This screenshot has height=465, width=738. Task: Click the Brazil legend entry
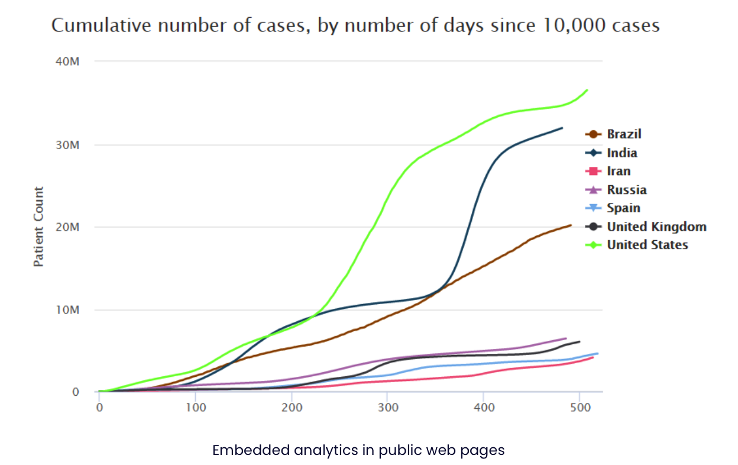[623, 134]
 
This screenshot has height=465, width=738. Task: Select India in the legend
[622, 153]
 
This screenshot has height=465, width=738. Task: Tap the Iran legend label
[619, 172]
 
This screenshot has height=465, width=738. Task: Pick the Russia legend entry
[626, 190]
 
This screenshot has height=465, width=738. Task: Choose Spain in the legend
[623, 208]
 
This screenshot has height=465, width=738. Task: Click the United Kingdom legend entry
[656, 227]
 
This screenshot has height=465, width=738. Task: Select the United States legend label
[648, 245]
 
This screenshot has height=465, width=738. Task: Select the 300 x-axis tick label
[387, 408]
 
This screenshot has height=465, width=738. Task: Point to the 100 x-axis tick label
[195, 408]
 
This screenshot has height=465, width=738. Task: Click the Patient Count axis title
[39, 227]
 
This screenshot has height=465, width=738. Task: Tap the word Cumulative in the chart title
[94, 25]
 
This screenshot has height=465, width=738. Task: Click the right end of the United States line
[587, 90]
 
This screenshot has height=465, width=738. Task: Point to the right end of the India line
[562, 128]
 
